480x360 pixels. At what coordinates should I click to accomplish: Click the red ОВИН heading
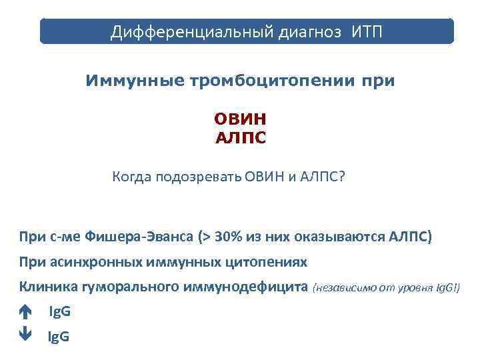[x=240, y=120]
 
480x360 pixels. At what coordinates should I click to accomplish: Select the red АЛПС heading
[x=240, y=138]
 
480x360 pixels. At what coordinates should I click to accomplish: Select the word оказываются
[x=333, y=237]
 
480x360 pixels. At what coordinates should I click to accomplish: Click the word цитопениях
[x=274, y=262]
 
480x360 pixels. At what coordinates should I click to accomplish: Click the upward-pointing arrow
[x=25, y=312]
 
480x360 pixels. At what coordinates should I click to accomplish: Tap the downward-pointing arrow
[x=25, y=336]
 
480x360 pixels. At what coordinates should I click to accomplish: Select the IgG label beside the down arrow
[x=59, y=337]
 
